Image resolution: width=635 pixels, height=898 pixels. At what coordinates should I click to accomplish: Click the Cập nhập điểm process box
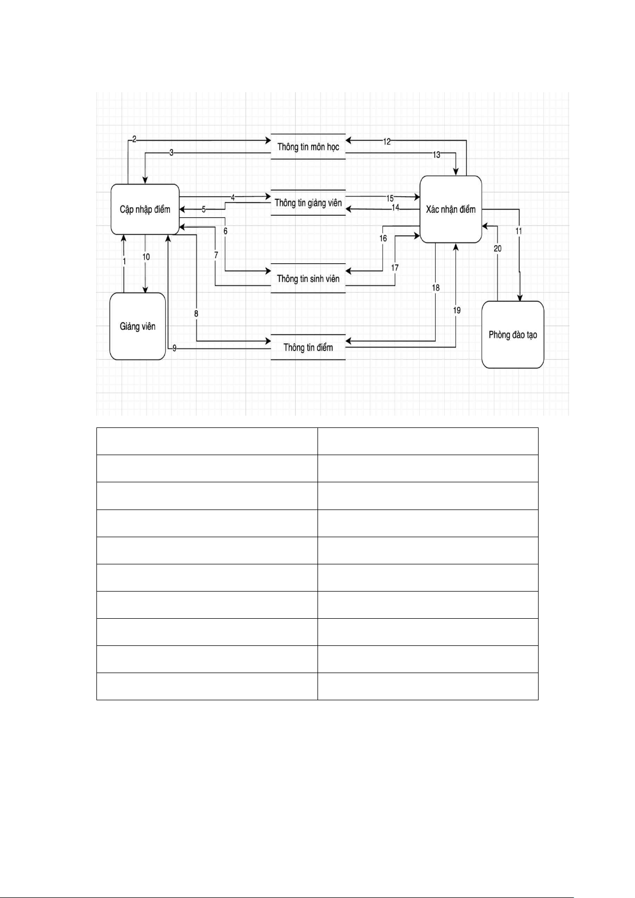145,209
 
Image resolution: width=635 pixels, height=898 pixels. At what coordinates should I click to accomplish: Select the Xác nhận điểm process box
451,209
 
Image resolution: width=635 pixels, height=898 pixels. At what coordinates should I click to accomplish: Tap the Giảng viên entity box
137,326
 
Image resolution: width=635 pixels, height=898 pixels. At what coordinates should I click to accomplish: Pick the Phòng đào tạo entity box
512,335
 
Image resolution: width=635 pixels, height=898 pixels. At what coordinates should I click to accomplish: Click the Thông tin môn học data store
308,147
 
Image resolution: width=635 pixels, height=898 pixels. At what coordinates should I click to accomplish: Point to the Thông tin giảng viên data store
308,203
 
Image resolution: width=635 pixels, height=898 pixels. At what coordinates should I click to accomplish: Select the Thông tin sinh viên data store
308,278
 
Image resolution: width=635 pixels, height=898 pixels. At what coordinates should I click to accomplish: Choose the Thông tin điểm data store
308,347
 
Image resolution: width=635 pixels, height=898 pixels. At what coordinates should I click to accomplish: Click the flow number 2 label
134,139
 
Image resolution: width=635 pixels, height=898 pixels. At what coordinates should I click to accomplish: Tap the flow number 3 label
171,153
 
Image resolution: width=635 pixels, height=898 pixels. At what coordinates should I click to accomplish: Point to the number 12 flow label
387,141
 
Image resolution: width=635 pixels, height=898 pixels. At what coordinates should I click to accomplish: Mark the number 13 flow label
436,155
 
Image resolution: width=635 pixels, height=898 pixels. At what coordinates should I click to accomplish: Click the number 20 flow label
497,248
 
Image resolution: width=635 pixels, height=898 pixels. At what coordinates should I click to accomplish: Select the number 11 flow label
518,231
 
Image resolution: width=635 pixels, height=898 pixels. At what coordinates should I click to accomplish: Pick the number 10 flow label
145,257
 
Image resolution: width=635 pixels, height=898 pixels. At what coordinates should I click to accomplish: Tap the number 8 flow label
196,314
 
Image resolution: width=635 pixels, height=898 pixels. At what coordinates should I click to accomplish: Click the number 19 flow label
457,310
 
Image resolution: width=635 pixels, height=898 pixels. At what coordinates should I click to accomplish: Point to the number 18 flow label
436,288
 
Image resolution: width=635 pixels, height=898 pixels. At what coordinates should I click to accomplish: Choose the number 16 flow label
383,238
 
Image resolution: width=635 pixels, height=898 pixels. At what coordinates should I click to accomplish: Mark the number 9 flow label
174,348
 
